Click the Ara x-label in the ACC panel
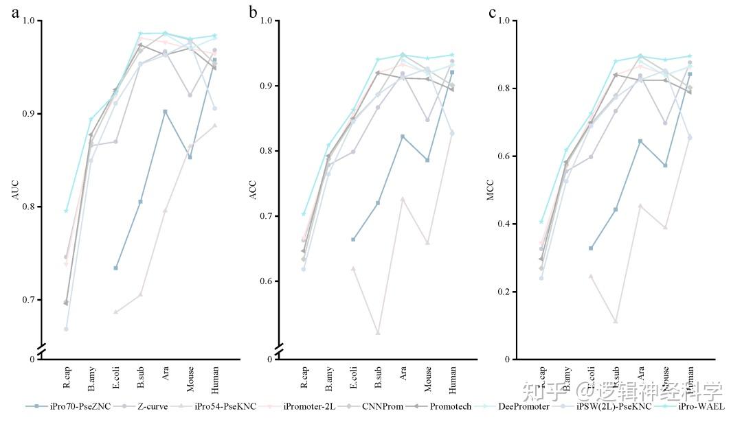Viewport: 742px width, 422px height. (x=403, y=374)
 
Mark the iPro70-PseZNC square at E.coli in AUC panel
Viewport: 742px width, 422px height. (x=115, y=268)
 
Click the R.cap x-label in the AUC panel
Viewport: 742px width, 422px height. (x=66, y=377)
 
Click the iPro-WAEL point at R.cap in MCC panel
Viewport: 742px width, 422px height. (x=541, y=222)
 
